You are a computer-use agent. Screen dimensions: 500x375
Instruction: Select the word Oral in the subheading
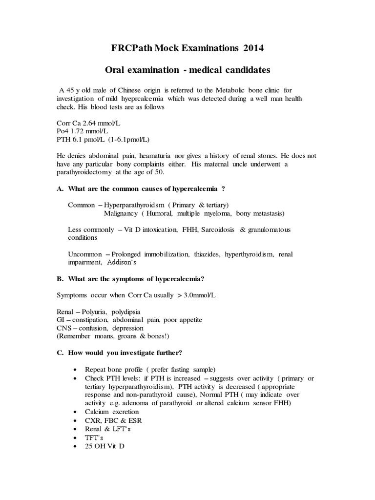pyautogui.click(x=116, y=70)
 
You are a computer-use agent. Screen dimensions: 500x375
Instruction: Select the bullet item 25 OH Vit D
pyautogui.click(x=104, y=445)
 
